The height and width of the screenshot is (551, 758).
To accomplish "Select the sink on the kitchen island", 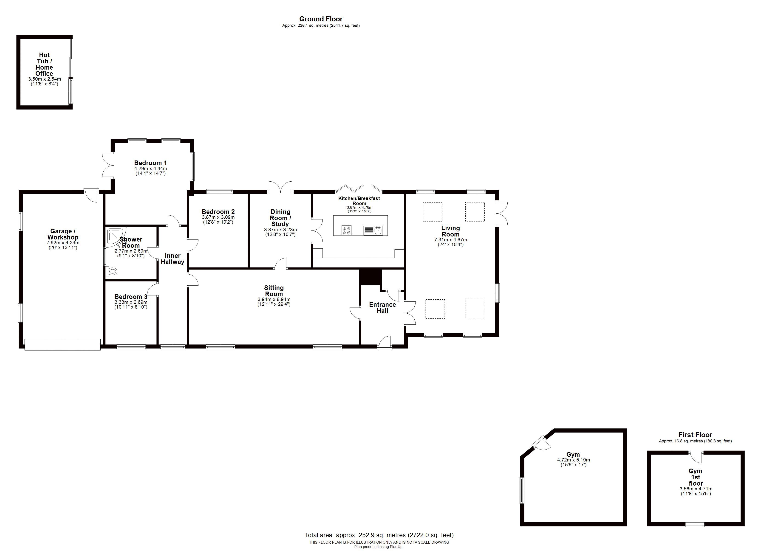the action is coord(373,230).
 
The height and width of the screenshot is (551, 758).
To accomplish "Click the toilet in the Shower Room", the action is coord(112,271).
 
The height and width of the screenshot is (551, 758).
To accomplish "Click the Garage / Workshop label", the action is coord(63,234).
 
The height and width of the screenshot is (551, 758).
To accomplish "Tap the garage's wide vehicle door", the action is coord(62,345).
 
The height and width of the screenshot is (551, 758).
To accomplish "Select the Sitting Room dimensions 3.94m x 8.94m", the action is coord(274,299).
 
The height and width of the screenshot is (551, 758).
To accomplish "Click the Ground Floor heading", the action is coord(321,19).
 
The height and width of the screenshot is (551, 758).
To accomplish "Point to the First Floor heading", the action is coord(695,435).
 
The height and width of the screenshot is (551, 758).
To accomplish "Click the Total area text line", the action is coord(379,535).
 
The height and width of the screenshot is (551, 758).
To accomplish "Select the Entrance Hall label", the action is coord(382,308).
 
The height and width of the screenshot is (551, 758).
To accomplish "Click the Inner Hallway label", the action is coord(173,259).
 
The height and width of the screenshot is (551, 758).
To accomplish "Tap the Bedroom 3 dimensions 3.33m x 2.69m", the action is coord(131,302).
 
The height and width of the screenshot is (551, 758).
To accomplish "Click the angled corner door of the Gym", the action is coord(541,443).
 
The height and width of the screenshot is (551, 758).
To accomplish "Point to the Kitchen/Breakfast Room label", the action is coord(359,201).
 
